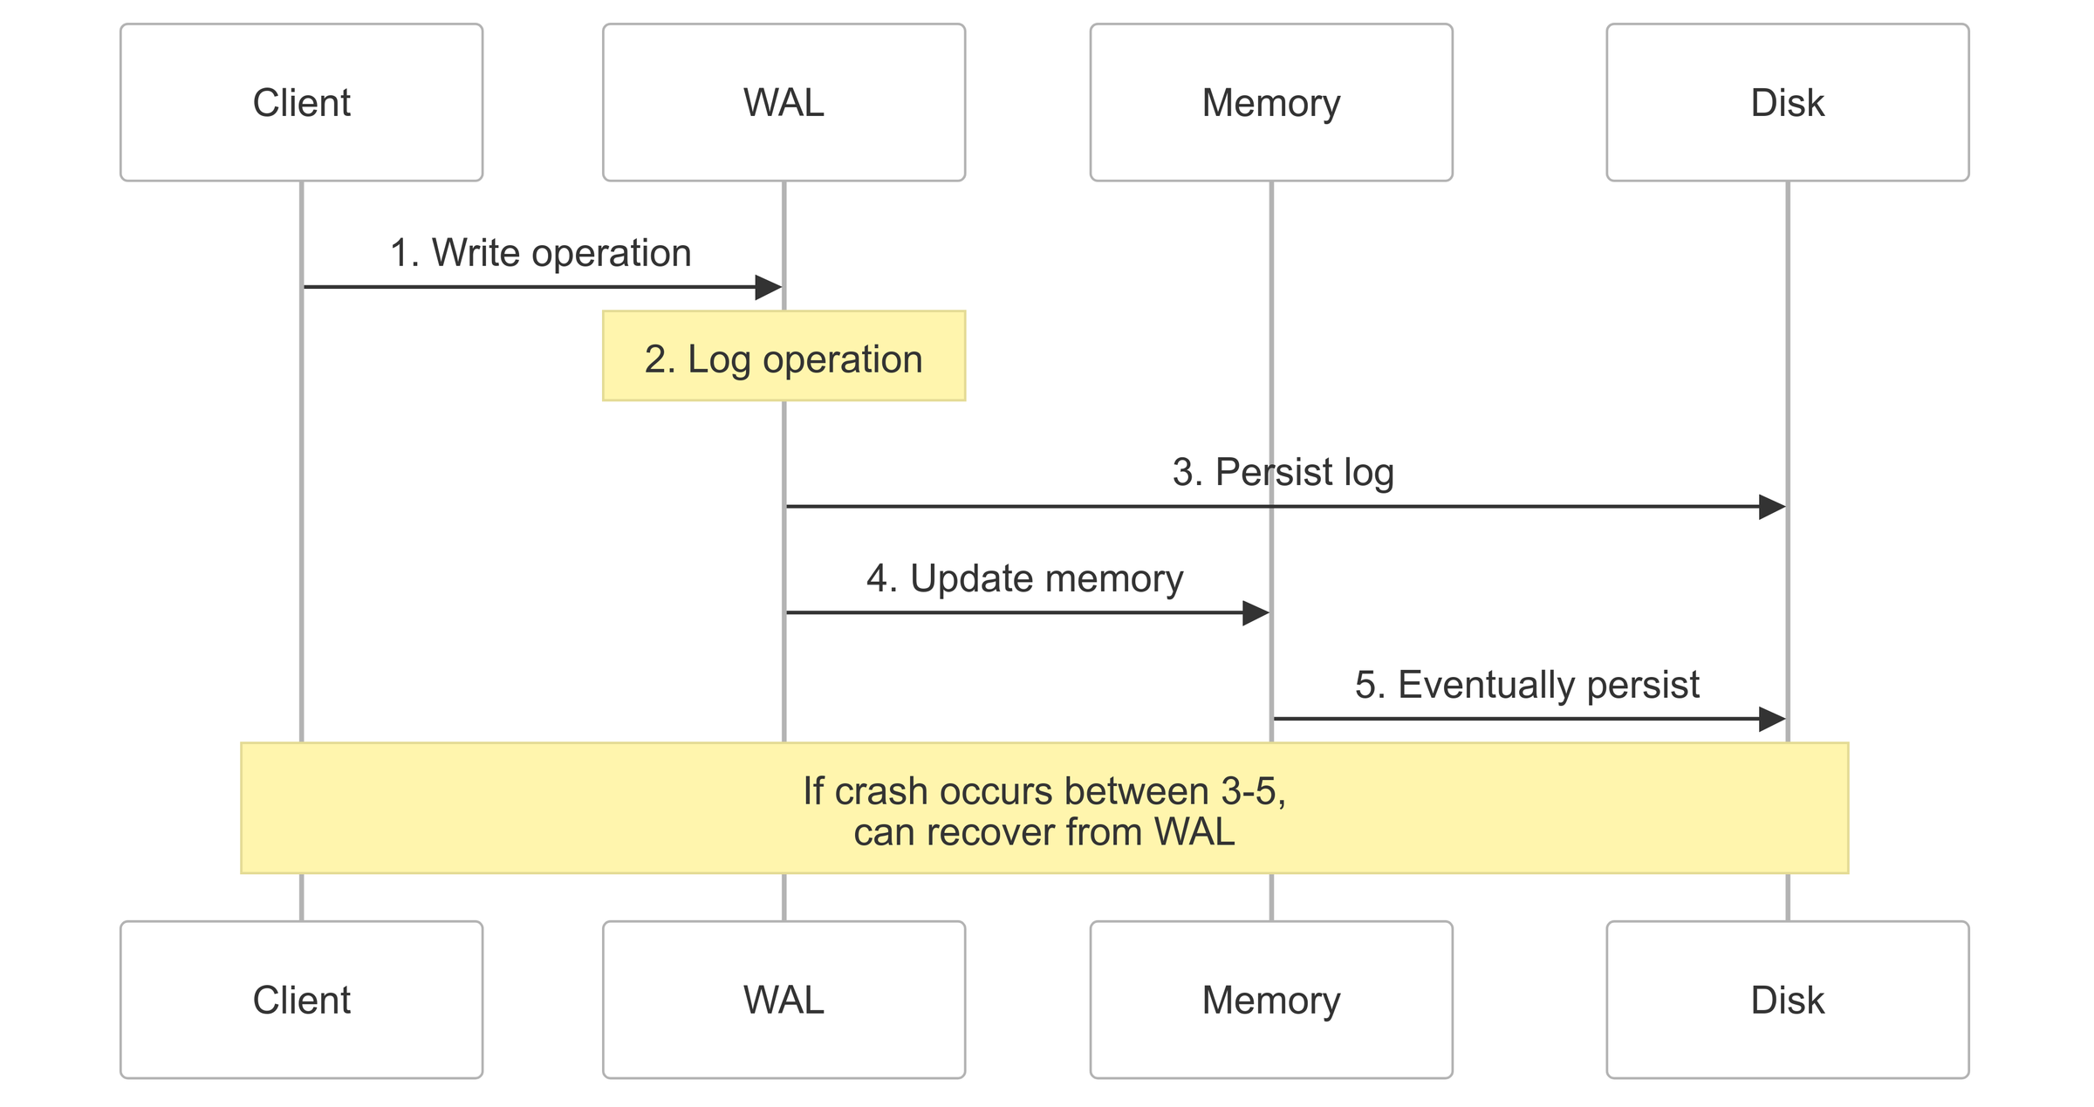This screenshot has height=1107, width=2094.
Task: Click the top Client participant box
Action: [x=301, y=102]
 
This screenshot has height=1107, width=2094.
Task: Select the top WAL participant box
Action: [x=784, y=102]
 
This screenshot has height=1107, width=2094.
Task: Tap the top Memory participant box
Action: [x=1270, y=102]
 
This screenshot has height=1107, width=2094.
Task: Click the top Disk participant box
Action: [x=1787, y=102]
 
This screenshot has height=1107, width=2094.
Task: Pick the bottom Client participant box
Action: [x=301, y=1000]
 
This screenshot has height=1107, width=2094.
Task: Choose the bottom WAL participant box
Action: [x=784, y=1000]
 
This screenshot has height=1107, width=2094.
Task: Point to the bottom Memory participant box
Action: [x=1270, y=1000]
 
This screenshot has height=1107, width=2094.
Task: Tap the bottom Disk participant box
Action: [x=1787, y=1000]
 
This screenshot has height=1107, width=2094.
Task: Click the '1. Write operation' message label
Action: [x=540, y=253]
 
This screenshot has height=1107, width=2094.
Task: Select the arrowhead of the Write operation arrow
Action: [x=769, y=287]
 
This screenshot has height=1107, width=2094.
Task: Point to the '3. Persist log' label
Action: [x=1283, y=472]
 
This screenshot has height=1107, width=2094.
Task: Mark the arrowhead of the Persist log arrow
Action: [x=1772, y=506]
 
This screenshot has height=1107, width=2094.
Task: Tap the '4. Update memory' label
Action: [x=1024, y=578]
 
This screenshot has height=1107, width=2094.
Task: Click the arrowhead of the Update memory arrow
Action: [x=1256, y=612]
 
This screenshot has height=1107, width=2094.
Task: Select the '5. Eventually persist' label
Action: [x=1527, y=685]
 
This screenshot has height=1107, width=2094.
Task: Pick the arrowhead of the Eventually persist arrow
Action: [x=1772, y=719]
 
